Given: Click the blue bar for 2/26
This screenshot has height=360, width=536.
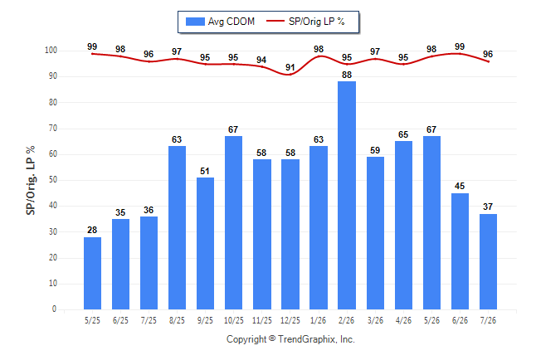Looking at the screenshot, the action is (x=347, y=195).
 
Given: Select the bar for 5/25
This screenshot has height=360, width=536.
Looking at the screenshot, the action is (x=92, y=273).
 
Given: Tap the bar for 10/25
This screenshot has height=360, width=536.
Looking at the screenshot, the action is (x=233, y=222).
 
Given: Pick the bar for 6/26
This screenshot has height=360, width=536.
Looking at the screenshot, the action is (x=460, y=251).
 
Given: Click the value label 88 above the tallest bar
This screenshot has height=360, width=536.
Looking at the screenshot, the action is (x=347, y=75).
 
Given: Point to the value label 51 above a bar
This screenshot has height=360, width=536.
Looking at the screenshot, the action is (x=205, y=171).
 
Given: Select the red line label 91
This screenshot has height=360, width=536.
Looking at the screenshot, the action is (x=290, y=67).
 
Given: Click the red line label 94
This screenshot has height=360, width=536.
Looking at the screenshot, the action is (x=261, y=60).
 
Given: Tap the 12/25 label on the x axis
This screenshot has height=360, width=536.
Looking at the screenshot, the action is (x=290, y=320).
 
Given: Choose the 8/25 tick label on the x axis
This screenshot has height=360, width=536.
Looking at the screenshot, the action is (x=177, y=320).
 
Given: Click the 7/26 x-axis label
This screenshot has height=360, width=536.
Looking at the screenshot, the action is (x=488, y=320).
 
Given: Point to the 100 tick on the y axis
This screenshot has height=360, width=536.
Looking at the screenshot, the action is (x=51, y=51).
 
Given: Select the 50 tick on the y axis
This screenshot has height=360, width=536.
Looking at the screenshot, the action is (x=53, y=180).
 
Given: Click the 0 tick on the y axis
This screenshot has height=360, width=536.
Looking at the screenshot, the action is (x=55, y=309).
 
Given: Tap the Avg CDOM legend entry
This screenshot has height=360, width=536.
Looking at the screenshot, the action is (x=220, y=22).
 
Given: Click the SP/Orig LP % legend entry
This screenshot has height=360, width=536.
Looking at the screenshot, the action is (x=305, y=22).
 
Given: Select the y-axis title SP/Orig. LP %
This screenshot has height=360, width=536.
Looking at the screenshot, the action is (x=31, y=181).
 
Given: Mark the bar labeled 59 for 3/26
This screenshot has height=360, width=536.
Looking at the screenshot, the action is (x=375, y=233).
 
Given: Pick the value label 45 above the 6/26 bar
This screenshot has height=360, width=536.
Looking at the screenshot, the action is (x=460, y=186).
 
